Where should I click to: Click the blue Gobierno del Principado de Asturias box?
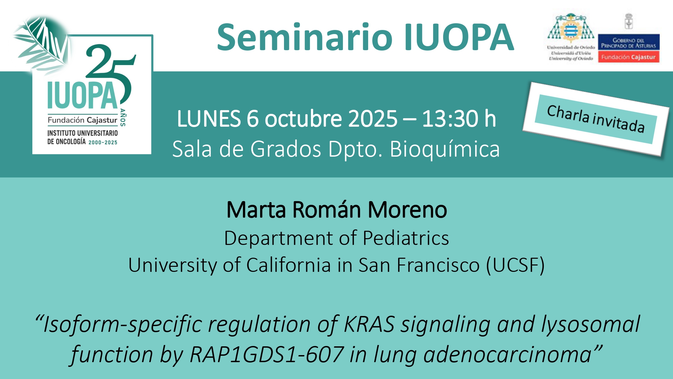[x=629, y=42]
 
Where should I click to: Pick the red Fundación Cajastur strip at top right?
[x=629, y=57]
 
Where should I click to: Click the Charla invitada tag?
[x=596, y=119]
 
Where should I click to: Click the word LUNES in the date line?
[x=209, y=119]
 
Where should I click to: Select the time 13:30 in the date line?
[x=450, y=119]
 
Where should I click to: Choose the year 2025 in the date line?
[x=373, y=119]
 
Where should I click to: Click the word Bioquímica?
[x=445, y=149]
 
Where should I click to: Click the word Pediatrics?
[x=406, y=238]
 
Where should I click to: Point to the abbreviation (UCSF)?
[x=515, y=265]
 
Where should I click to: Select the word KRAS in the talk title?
[x=369, y=324]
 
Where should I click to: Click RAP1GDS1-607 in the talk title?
[x=267, y=355]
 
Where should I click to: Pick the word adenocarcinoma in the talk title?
[x=507, y=355]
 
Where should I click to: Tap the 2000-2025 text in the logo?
[x=103, y=143]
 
